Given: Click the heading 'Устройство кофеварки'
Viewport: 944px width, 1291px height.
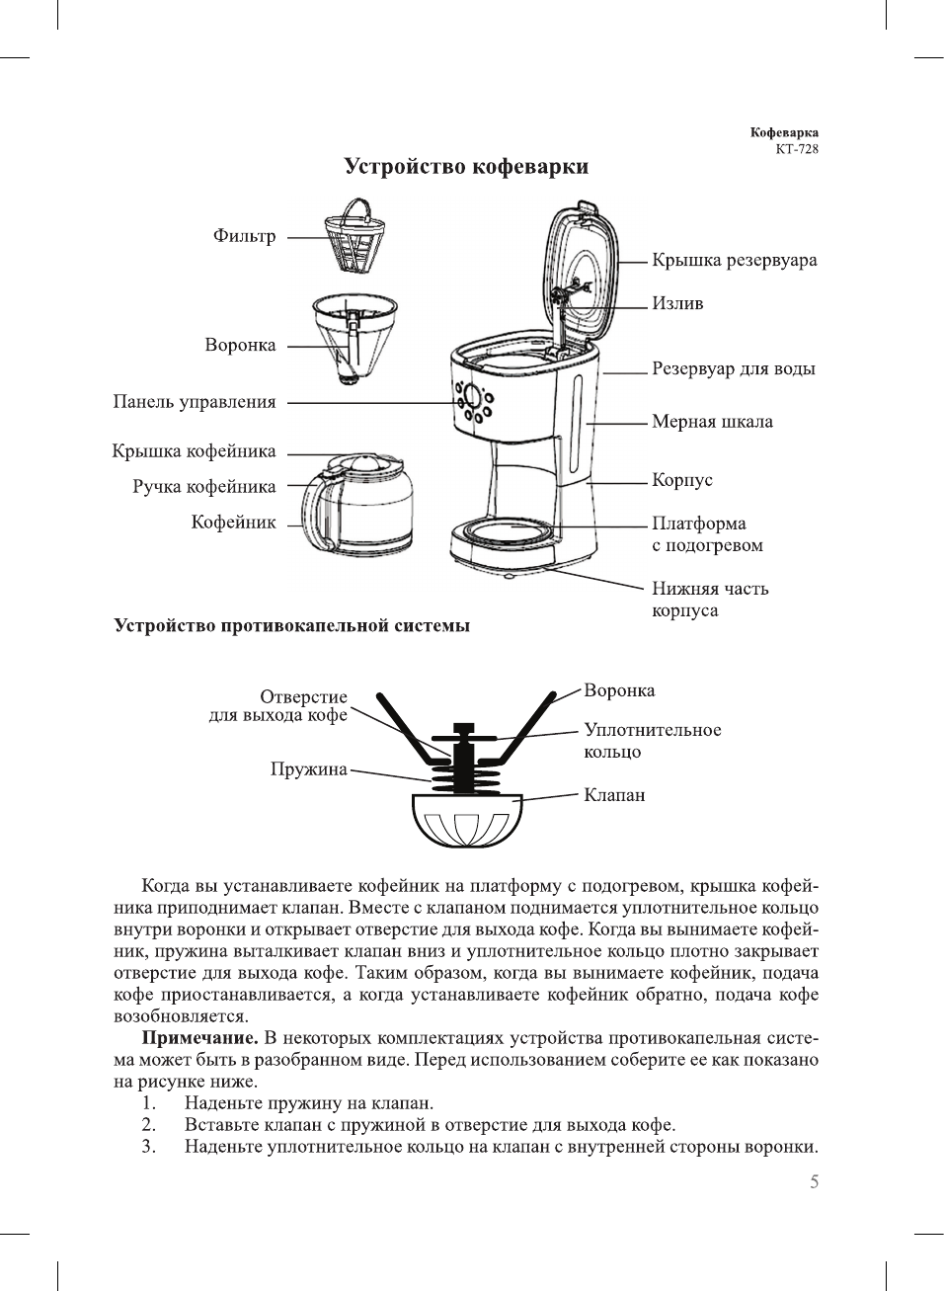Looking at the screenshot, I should pos(466,166).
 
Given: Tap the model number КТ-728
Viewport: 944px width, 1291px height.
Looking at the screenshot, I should pos(796,149).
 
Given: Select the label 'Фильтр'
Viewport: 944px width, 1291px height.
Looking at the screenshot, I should pos(244,236).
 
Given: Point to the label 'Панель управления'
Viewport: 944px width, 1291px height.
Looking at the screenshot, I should pos(195,402).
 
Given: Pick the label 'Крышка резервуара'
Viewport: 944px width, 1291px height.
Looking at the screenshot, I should pos(734,261).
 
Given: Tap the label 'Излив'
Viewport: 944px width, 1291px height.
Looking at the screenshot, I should pos(677,304).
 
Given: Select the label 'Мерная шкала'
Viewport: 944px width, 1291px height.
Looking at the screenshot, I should pos(712,422).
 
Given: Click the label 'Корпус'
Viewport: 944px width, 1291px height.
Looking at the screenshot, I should pos(681,480).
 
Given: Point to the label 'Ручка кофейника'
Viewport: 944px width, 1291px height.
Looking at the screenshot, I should pos(203,487).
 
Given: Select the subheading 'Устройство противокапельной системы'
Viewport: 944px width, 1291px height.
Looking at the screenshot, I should pos(292,625).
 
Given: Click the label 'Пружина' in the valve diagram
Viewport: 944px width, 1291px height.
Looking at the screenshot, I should pos(308,769).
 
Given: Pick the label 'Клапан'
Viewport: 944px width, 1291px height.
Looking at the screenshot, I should pos(614,795).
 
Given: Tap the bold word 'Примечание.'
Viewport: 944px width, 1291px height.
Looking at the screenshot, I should pos(200,1038).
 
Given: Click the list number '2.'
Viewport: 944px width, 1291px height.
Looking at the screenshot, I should pos(148,1125).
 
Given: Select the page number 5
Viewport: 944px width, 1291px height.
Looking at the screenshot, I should pos(814,1182).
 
